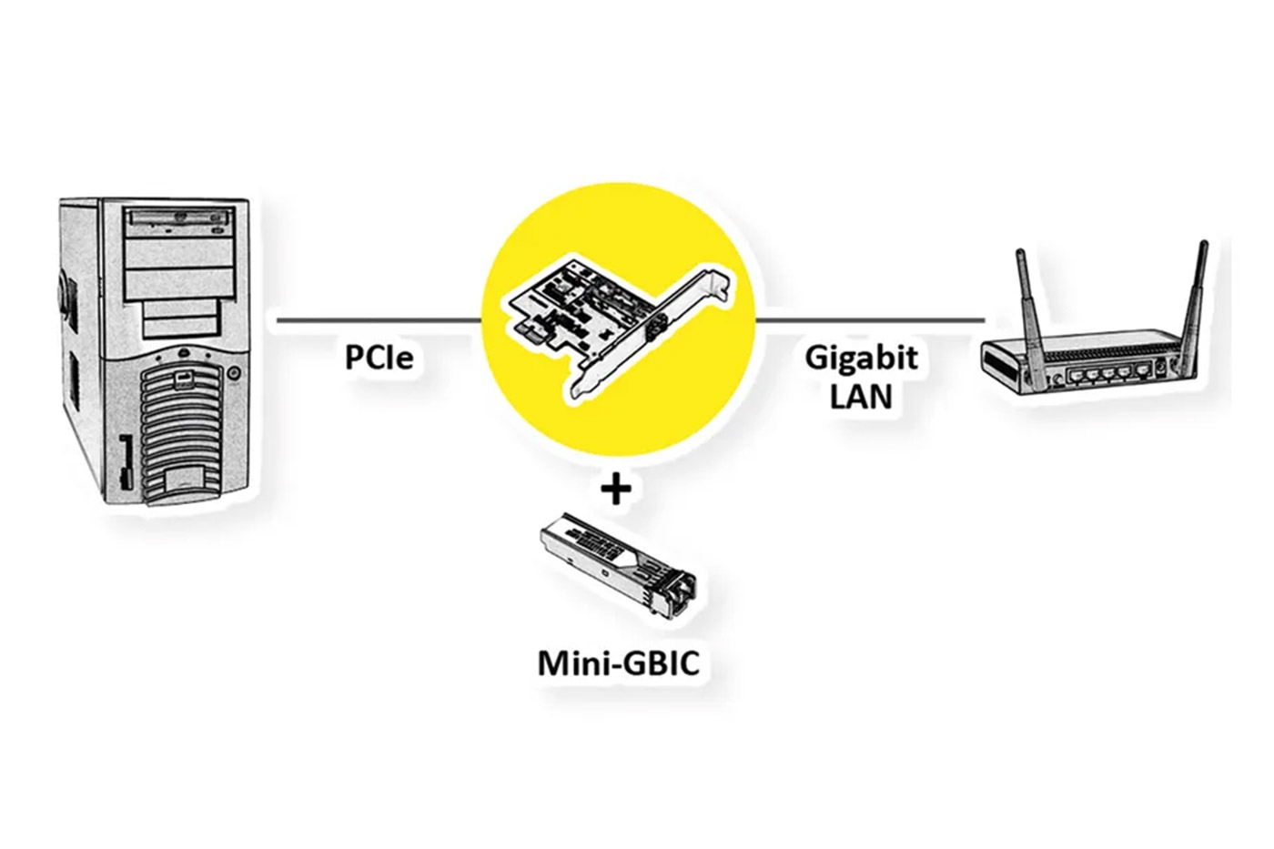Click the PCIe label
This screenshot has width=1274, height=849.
coord(379,357)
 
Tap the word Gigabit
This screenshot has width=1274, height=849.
coord(861,357)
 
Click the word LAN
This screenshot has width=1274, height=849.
coord(861,396)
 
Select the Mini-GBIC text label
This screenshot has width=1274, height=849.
coord(619,663)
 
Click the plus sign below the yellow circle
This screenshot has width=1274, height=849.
coord(617,491)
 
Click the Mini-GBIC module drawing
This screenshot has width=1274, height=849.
coord(619,564)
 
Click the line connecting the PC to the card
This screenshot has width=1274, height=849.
coord(378,320)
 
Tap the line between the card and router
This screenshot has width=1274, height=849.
coord(869,320)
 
